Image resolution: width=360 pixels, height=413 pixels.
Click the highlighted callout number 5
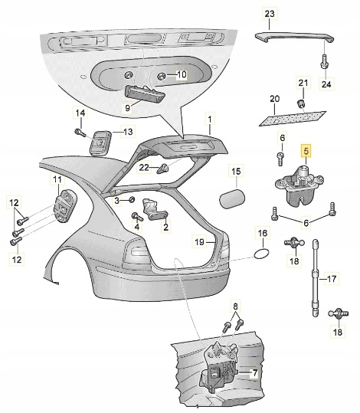click(x=306, y=151)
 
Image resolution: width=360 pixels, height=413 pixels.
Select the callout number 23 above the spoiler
click(x=270, y=14)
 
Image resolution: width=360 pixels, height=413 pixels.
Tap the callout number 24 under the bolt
click(x=326, y=84)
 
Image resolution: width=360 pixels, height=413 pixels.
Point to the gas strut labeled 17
click(x=316, y=278)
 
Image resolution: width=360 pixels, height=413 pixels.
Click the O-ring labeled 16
click(x=261, y=254)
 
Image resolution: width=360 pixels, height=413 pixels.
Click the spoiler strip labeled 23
click(x=294, y=37)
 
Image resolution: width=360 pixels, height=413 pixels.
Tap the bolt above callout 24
click(x=324, y=61)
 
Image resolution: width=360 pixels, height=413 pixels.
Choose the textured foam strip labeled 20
click(x=292, y=118)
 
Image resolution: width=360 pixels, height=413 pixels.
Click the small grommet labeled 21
click(x=300, y=103)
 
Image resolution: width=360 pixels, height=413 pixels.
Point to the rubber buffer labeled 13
click(x=100, y=143)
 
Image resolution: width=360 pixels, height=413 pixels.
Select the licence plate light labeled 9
click(x=144, y=94)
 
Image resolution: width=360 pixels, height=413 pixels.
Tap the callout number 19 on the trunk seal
click(x=200, y=241)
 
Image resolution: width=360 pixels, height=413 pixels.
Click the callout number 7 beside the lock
click(x=254, y=372)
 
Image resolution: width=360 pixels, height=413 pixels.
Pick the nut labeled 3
click(x=132, y=199)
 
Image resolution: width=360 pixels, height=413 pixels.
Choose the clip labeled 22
click(x=163, y=169)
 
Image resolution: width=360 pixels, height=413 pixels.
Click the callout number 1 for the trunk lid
click(x=210, y=120)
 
